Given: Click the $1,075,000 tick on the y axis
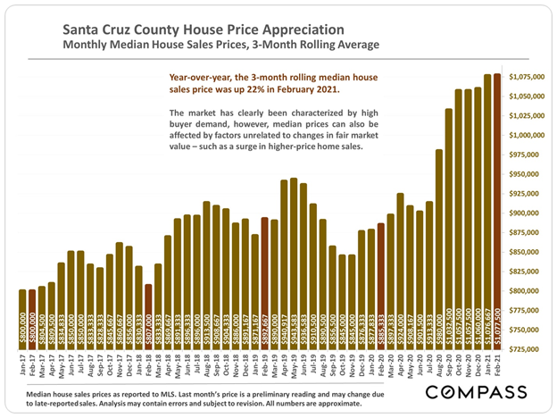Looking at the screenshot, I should pos(527,77).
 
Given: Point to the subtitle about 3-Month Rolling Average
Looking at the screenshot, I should pos(220,44).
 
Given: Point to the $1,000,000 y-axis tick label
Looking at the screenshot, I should pos(527,135).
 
